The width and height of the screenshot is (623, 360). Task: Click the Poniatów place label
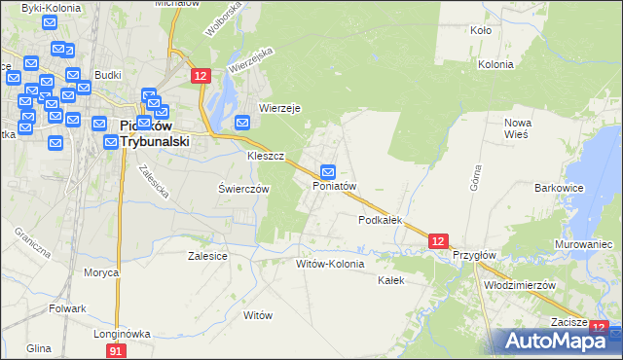tap(336, 186)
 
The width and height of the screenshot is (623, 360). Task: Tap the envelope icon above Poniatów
tap(329, 170)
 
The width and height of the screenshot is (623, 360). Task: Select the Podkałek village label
tap(380, 221)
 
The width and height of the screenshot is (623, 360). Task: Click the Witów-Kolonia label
tap(330, 264)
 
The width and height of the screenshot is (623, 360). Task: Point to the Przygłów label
tap(475, 255)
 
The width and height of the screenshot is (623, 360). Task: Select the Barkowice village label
tap(559, 187)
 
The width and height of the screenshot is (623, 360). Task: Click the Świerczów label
tap(243, 190)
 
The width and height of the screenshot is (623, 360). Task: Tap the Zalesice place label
tap(207, 256)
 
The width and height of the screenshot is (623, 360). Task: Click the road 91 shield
tap(117, 349)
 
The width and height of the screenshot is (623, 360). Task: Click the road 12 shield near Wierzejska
tap(201, 76)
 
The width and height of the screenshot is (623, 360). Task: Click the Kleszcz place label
tap(265, 156)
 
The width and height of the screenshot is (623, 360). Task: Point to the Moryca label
tap(101, 272)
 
